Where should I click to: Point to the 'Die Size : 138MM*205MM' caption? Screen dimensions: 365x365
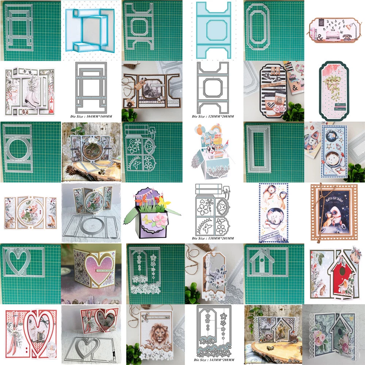point(213,239)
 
